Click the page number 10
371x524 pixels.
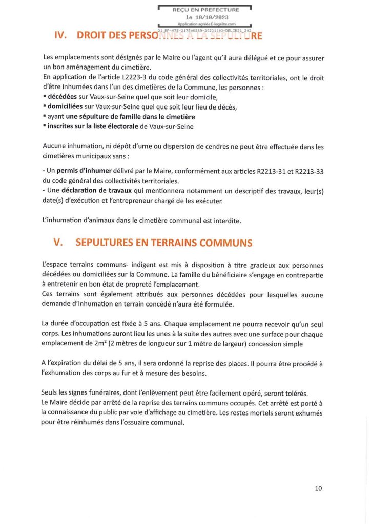[318, 488]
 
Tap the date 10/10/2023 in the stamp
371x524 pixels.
[205, 17]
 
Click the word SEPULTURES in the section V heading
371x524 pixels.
[109, 243]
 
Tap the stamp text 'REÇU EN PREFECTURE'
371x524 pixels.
[205, 10]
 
